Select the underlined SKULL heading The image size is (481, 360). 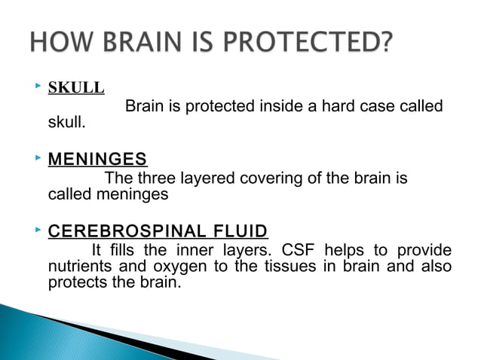(76, 87)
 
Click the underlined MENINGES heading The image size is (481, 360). (97, 160)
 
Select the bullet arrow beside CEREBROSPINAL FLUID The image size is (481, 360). (37, 229)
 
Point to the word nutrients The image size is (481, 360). (78, 267)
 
